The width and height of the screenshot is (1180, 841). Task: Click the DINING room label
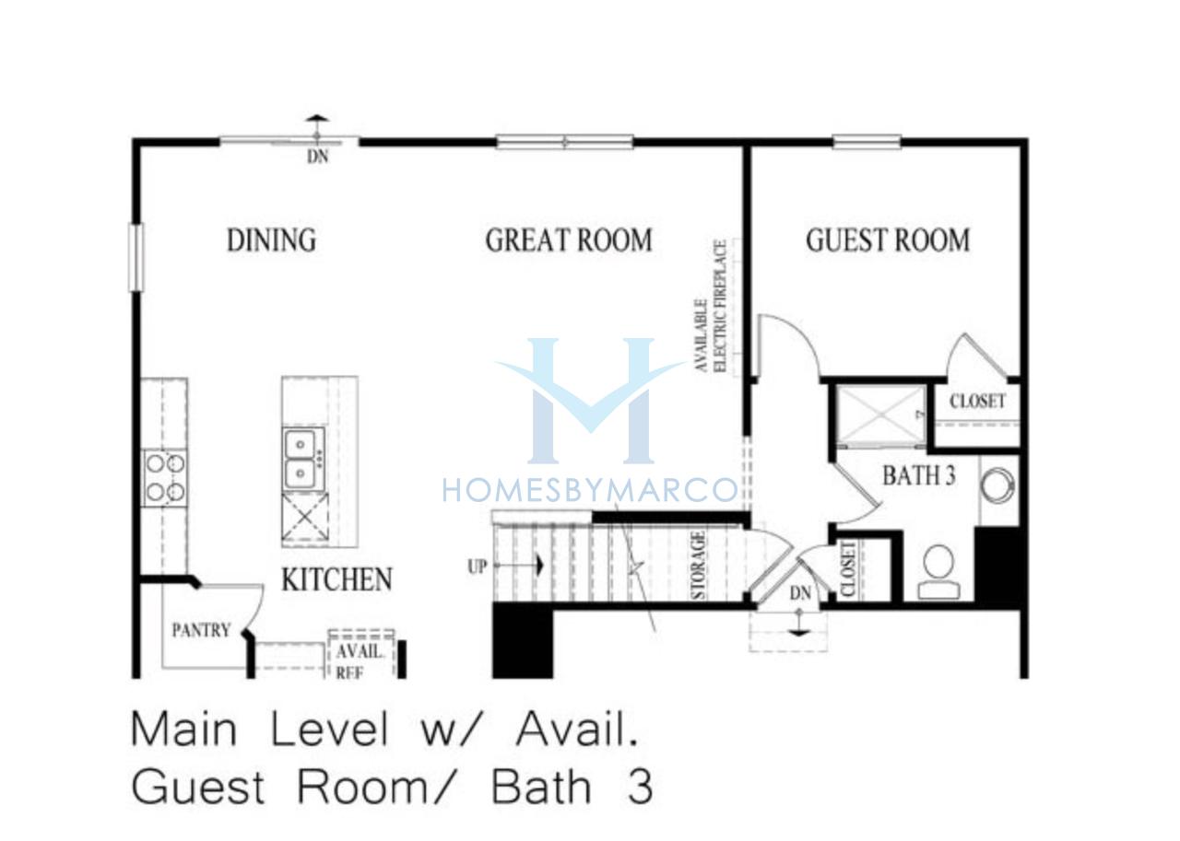271,240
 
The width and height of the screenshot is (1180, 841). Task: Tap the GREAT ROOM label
569,240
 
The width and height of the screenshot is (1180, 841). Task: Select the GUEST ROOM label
888,240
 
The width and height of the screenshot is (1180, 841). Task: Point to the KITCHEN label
337,579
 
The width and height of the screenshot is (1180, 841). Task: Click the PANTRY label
201,630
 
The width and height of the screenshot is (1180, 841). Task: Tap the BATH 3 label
919,475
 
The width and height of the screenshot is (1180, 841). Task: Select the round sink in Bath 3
997,485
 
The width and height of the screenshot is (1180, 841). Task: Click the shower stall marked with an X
880,415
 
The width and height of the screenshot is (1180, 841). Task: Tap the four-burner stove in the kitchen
164,478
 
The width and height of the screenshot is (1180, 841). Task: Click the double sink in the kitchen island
303,459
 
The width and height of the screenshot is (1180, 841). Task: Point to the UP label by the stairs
478,567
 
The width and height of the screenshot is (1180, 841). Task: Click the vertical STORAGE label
698,566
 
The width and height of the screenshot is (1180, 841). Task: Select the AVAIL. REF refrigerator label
359,661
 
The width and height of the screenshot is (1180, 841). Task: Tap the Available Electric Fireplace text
711,307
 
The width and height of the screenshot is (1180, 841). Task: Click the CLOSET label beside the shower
977,401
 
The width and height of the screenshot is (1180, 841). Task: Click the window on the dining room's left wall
136,257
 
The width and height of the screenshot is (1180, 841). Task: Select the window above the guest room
867,142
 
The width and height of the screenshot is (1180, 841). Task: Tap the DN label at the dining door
318,157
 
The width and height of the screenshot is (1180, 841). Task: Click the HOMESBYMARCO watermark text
590,490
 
